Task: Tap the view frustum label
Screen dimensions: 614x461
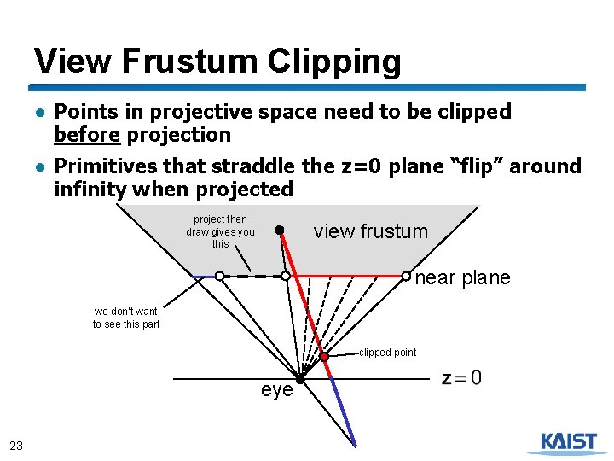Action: click(x=371, y=231)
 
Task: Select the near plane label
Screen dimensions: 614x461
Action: click(x=462, y=277)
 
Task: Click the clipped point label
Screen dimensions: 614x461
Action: click(x=388, y=352)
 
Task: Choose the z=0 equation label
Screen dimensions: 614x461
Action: click(x=461, y=377)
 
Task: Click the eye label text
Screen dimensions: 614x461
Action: click(x=276, y=391)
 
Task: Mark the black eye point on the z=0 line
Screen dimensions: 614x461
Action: click(x=300, y=378)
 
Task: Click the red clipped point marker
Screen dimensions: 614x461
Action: click(x=324, y=357)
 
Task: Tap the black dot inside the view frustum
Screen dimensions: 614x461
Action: click(x=279, y=230)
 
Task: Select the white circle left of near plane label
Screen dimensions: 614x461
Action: click(x=406, y=276)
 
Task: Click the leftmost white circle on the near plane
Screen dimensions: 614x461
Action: click(x=219, y=277)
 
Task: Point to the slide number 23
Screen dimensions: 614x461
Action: click(x=16, y=445)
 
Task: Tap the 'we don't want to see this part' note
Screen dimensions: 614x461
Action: click(x=126, y=318)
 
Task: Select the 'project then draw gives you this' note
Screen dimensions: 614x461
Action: click(x=220, y=231)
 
